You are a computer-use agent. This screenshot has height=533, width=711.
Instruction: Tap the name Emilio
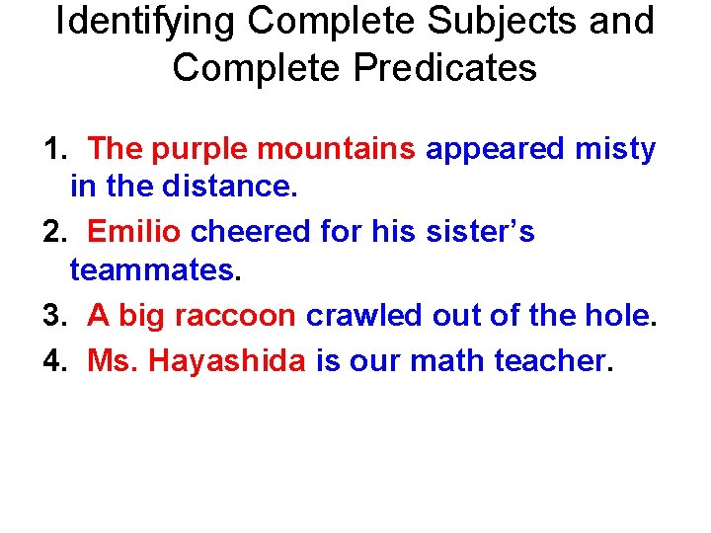pos(133,231)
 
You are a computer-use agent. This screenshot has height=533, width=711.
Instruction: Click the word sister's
pos(480,231)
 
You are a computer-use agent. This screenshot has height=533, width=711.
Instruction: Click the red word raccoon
pos(234,316)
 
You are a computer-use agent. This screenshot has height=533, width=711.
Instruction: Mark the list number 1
pos(51,150)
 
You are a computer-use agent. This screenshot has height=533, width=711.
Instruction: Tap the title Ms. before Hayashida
pos(113,361)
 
